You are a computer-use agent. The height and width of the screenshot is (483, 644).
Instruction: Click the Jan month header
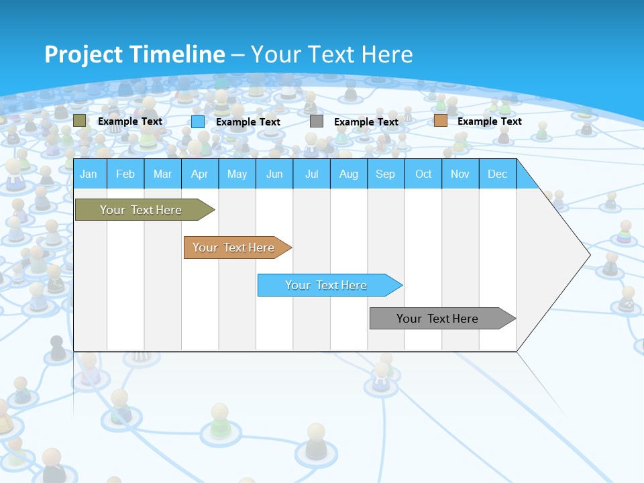[89, 174]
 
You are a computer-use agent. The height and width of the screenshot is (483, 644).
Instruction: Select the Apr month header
[199, 174]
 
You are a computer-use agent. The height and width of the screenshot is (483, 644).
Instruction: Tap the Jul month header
[311, 174]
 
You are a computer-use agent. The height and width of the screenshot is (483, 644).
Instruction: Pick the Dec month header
[497, 174]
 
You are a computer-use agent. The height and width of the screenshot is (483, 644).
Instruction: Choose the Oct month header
[423, 174]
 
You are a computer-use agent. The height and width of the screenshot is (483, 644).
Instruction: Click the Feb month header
[125, 174]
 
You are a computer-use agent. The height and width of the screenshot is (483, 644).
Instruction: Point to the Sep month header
[385, 174]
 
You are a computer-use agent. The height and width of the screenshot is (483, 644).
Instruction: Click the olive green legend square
[80, 121]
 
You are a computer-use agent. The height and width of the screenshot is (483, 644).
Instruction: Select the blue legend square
[198, 121]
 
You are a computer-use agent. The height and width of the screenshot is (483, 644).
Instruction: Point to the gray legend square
[317, 121]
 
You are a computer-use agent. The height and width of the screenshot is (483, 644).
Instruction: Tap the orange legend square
[440, 121]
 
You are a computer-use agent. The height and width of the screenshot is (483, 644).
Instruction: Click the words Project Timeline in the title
[134, 54]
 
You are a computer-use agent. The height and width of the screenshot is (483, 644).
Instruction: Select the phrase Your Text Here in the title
[331, 54]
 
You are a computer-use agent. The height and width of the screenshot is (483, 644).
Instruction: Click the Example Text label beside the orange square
[489, 121]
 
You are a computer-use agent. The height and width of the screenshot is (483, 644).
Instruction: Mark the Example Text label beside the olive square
[130, 121]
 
